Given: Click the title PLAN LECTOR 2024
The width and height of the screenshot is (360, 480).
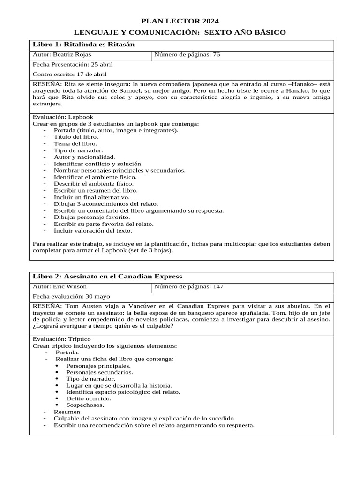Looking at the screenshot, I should coord(180,21).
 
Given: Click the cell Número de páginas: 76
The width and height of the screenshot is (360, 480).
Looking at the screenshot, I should coord(187,55).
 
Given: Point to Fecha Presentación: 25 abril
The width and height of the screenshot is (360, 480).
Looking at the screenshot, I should coord(72,65).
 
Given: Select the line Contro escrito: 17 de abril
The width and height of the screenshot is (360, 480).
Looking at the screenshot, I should coord(69,74).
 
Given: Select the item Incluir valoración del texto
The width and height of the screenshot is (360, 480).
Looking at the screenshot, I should coord(93,231).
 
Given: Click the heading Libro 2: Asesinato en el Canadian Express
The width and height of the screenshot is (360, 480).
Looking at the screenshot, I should coord(107,276).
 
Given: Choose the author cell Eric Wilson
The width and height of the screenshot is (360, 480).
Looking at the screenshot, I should coord(60,286).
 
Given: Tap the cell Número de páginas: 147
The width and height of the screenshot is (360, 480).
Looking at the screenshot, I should coord(188,286).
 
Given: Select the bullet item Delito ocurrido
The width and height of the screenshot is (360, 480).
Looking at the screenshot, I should coord(89,398).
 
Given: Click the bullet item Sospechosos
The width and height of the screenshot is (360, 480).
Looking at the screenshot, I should coord(85,405).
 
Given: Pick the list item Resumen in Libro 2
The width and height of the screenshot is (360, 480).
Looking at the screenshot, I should coord(67,412).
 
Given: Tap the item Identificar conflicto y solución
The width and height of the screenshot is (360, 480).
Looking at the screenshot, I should coord(98,164).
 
